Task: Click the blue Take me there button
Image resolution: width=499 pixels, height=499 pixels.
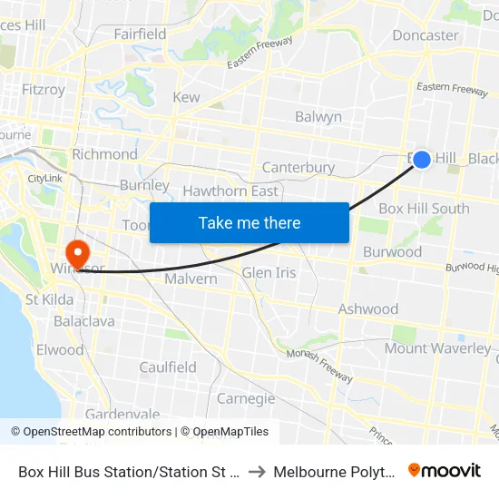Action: click(249, 222)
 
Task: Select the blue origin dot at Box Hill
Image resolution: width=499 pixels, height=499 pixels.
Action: click(422, 159)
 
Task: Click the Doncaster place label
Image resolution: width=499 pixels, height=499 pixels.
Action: click(425, 35)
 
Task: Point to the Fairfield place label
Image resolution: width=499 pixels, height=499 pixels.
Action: click(140, 34)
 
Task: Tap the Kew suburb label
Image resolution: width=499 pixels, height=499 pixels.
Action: click(186, 97)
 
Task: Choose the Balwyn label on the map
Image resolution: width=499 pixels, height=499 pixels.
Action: click(318, 117)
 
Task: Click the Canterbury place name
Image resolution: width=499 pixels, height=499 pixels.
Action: click(298, 168)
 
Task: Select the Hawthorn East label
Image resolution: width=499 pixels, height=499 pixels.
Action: click(230, 191)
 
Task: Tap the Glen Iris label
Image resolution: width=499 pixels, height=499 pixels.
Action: click(269, 273)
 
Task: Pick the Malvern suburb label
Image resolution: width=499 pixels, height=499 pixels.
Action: click(191, 279)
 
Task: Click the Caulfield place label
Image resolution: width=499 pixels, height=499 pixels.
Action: click(168, 367)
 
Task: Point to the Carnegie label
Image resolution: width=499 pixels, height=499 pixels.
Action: click(246, 398)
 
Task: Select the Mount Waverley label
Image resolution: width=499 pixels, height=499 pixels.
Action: click(437, 348)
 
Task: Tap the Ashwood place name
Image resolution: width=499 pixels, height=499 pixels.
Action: click(368, 309)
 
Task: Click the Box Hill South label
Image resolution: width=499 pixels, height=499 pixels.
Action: click(424, 209)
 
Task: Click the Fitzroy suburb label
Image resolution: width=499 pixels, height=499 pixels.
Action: click(43, 90)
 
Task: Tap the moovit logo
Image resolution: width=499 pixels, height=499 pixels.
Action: click(445, 471)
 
